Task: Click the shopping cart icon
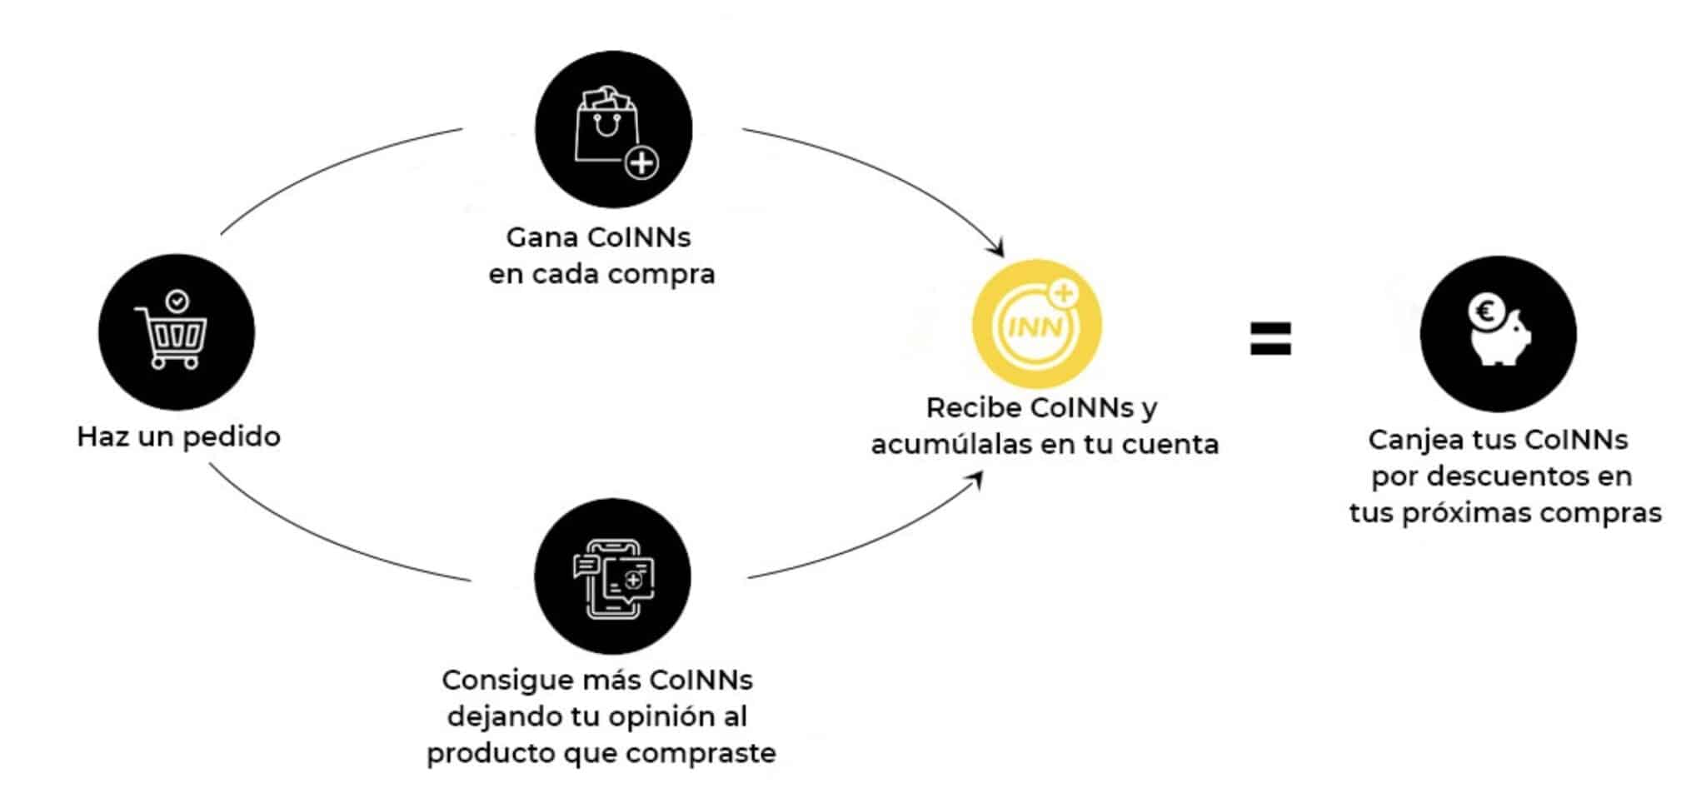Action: [172, 338]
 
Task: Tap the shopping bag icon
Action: [606, 125]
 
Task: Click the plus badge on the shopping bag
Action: [641, 163]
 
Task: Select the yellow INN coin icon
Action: [1036, 324]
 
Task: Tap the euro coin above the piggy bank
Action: [1485, 312]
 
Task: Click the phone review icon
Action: [613, 577]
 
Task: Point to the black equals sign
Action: [1270, 339]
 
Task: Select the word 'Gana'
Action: [542, 237]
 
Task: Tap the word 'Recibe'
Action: [973, 408]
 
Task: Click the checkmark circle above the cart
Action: [177, 301]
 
